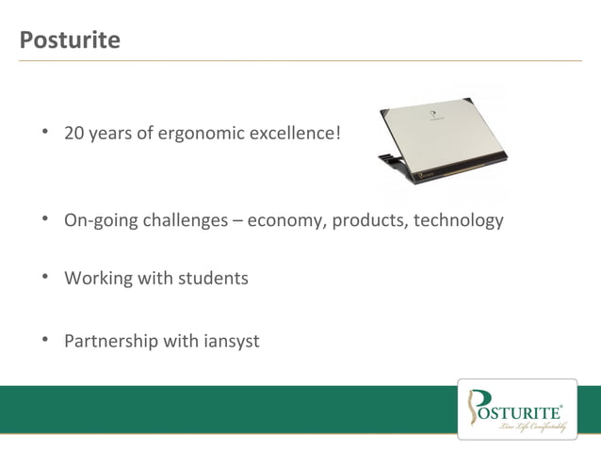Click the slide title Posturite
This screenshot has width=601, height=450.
coord(70,40)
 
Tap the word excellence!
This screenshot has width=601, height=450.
coord(294,134)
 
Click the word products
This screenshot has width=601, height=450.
coord(366,221)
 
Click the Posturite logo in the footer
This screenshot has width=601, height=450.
coord(516,409)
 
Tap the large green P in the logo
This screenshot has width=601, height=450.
coord(479,407)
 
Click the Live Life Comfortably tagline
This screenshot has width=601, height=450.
coord(533,426)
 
